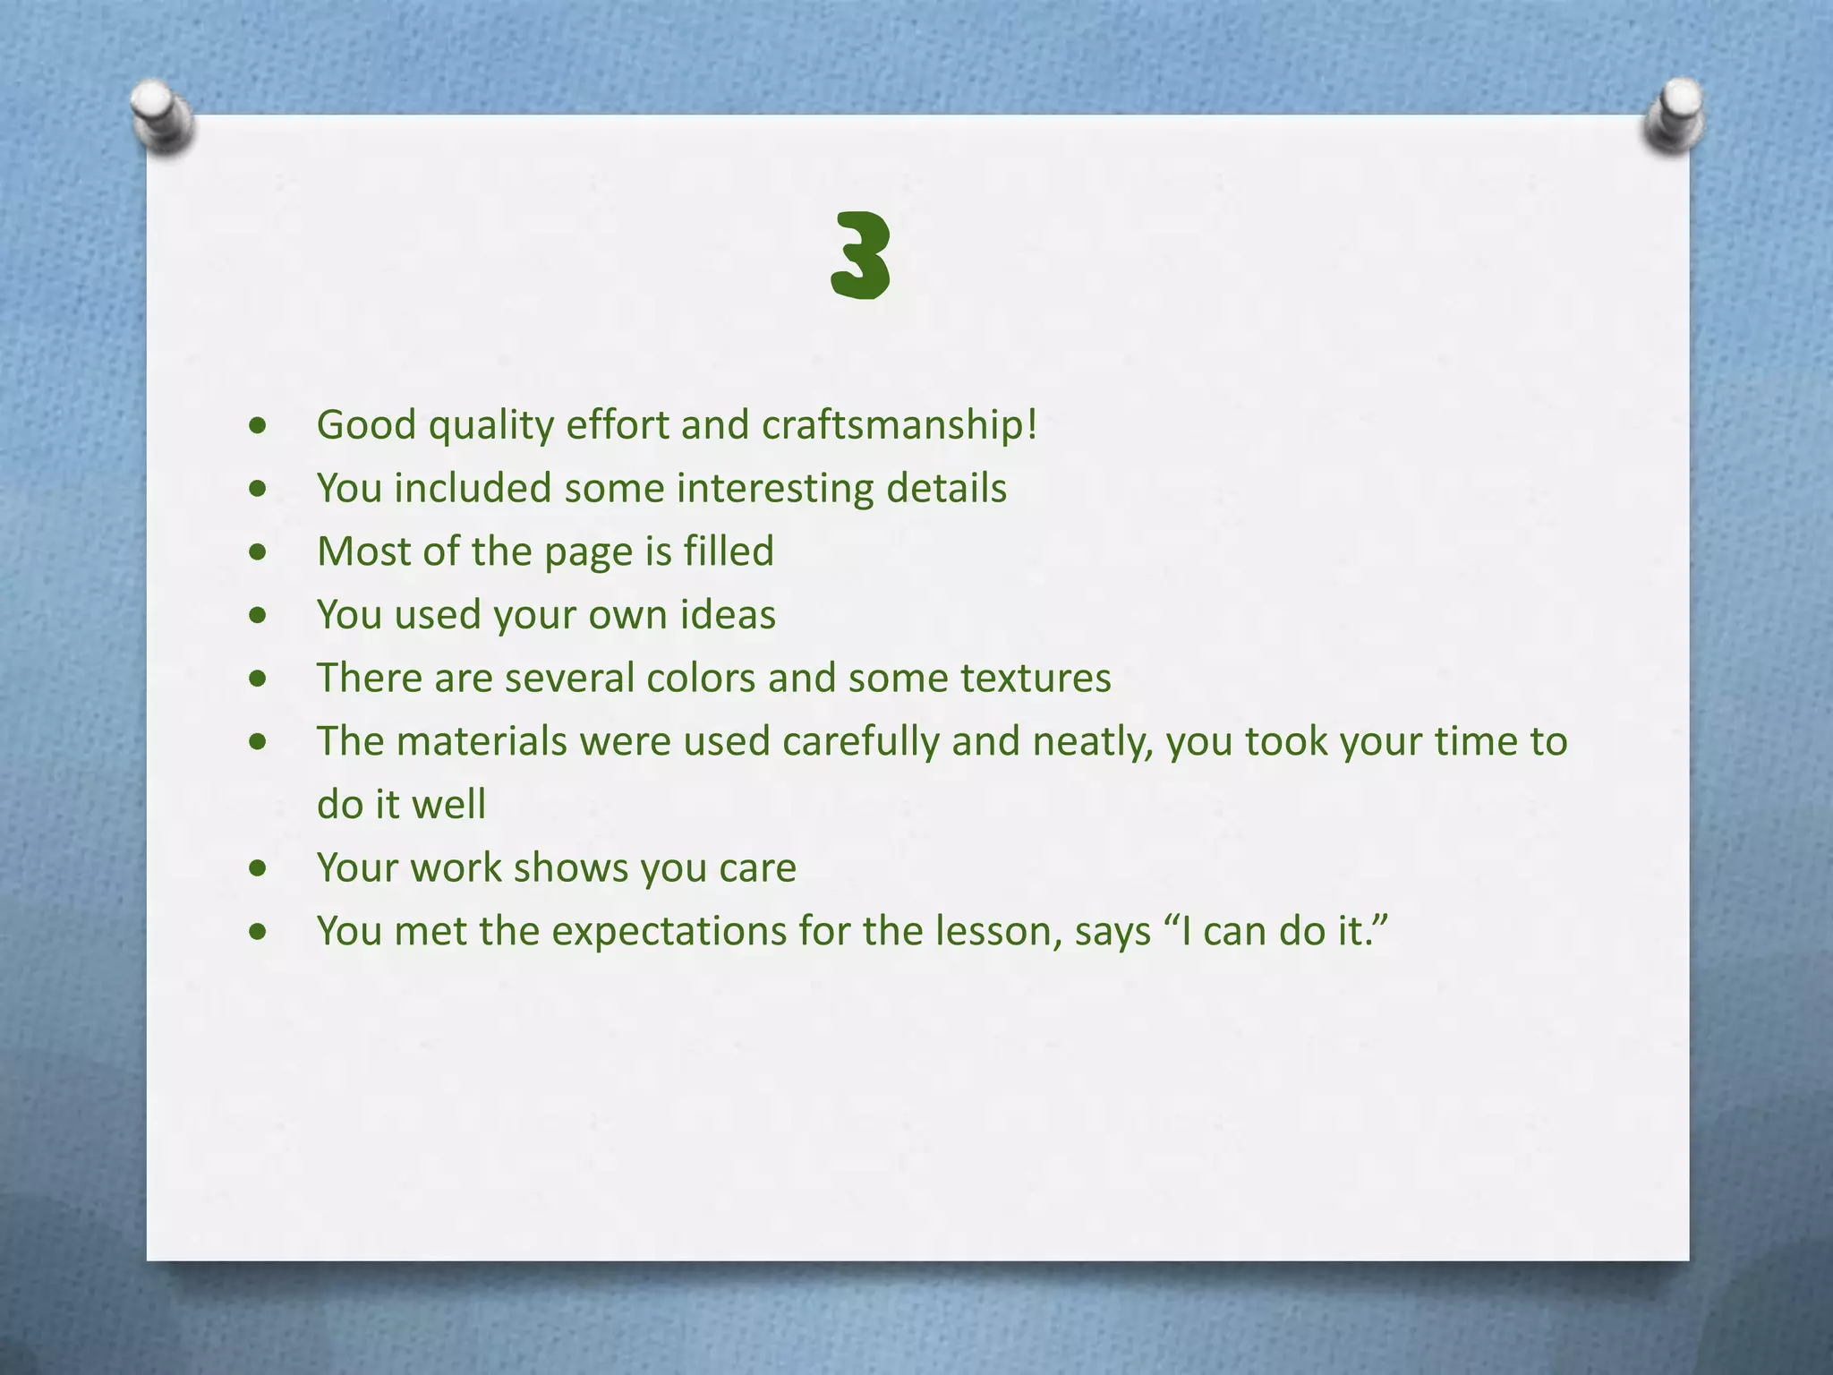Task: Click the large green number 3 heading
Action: [860, 256]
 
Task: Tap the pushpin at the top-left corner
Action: [161, 117]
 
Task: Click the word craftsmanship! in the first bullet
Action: [899, 425]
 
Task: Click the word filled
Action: [729, 551]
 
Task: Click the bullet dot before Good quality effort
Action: [259, 426]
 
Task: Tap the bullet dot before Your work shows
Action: [259, 868]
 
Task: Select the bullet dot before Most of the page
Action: [259, 552]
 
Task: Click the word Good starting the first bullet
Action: [366, 425]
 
